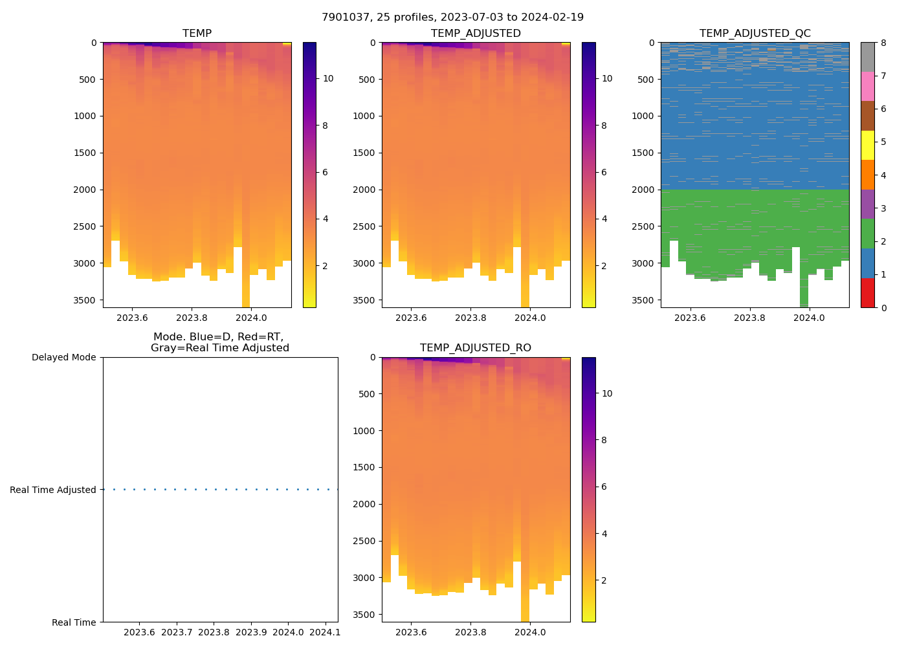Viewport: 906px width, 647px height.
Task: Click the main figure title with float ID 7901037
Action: (x=452, y=17)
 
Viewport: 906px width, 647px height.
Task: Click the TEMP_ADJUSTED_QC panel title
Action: (x=755, y=34)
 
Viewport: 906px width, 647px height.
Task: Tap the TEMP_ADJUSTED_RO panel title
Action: (x=476, y=348)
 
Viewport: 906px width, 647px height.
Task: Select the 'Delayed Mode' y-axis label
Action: (x=63, y=358)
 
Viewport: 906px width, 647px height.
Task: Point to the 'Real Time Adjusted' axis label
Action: (x=53, y=490)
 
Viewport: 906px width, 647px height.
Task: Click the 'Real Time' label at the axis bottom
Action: (x=74, y=622)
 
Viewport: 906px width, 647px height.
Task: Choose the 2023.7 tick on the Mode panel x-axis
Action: (x=177, y=632)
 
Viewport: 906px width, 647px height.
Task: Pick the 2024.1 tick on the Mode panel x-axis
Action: (x=325, y=632)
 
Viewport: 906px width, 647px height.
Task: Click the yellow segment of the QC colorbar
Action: (x=867, y=146)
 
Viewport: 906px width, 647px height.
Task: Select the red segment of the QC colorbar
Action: (x=867, y=293)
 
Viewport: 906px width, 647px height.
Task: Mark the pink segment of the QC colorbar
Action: (x=867, y=87)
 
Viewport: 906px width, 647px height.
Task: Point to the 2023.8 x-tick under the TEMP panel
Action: (x=192, y=318)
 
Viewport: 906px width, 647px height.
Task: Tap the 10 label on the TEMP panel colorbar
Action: (x=328, y=79)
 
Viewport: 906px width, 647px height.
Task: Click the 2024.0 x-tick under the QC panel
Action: (x=809, y=318)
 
